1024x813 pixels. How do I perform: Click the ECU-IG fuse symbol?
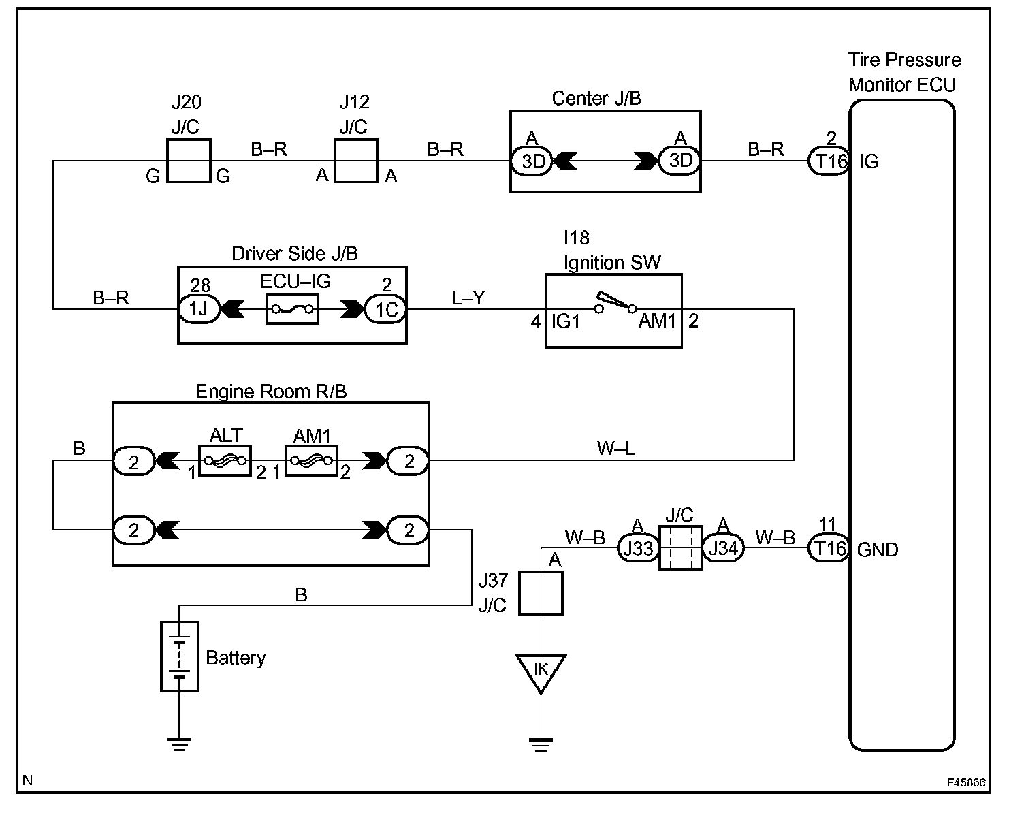pyautogui.click(x=292, y=309)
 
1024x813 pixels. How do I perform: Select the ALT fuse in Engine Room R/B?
pyautogui.click(x=225, y=461)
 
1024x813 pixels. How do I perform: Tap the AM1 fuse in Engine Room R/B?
pyautogui.click(x=311, y=461)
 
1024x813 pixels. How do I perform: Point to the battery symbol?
pyautogui.click(x=180, y=656)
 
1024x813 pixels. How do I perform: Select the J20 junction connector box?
pyautogui.click(x=189, y=161)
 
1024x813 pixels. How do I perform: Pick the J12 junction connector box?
pyautogui.click(x=355, y=161)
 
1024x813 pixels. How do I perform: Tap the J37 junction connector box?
pyautogui.click(x=541, y=593)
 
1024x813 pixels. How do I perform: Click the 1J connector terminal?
pyautogui.click(x=198, y=309)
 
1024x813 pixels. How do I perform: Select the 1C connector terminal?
pyautogui.click(x=386, y=309)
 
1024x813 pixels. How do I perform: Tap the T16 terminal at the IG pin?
pyautogui.click(x=829, y=161)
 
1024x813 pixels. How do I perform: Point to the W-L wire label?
pyautogui.click(x=615, y=448)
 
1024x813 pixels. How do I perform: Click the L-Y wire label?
pyautogui.click(x=468, y=298)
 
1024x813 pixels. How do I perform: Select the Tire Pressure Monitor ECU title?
pyautogui.click(x=903, y=72)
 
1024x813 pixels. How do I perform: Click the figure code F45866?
pyautogui.click(x=965, y=783)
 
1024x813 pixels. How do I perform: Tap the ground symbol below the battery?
pyautogui.click(x=180, y=744)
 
